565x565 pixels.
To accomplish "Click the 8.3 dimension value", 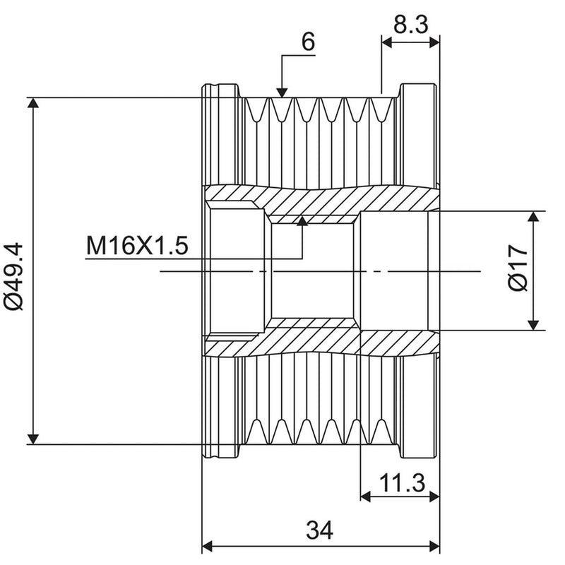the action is (x=410, y=25).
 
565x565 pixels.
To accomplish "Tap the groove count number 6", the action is (x=308, y=42).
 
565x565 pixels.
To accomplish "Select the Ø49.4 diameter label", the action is (x=13, y=277).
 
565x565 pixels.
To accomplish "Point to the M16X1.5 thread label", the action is (x=137, y=246).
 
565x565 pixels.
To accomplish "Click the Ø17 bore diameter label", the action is (x=518, y=268).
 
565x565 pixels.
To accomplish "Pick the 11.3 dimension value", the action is (x=402, y=483).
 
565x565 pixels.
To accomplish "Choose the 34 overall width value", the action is (x=319, y=530).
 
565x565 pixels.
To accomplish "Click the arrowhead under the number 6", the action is (x=282, y=93).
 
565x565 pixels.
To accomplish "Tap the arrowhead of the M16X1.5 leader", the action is (x=302, y=221).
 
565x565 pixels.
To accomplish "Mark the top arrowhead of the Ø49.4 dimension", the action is (x=33, y=102).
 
